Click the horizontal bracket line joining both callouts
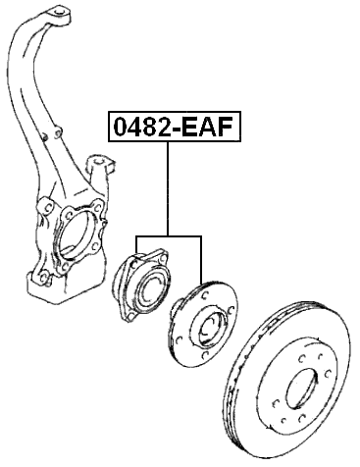[169, 236]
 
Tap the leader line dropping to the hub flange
[201, 260]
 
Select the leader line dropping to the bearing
[136, 247]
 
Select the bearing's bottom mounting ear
[128, 317]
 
